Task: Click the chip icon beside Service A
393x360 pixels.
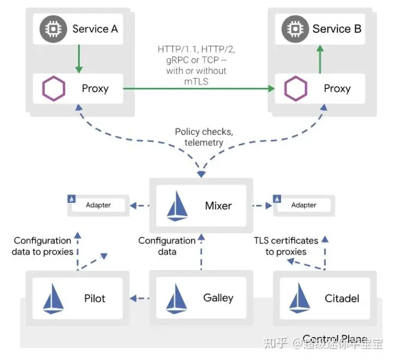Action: click(x=52, y=29)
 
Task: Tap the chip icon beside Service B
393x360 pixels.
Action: click(x=293, y=29)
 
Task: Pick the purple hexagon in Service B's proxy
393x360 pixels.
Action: click(x=295, y=88)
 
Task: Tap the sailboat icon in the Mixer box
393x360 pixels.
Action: click(x=179, y=206)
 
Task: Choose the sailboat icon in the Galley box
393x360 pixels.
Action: click(x=177, y=298)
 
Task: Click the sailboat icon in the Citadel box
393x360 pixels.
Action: click(x=299, y=299)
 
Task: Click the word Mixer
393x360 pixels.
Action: click(x=218, y=206)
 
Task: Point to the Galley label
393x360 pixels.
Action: click(x=218, y=298)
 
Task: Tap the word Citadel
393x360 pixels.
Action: click(x=341, y=298)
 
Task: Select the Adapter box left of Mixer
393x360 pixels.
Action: click(x=98, y=205)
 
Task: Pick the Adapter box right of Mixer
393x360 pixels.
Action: click(x=303, y=205)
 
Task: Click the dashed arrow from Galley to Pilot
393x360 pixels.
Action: click(x=140, y=298)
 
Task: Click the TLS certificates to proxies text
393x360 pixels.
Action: click(x=286, y=246)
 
